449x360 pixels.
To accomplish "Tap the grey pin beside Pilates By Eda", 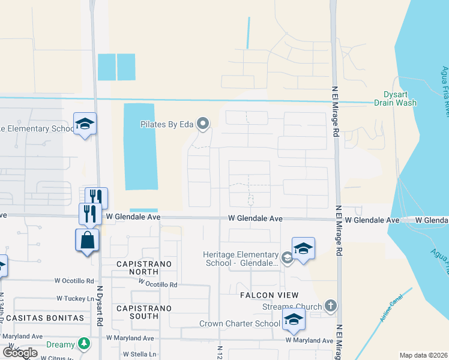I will (x=203, y=124).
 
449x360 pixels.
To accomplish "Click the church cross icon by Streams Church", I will (x=330, y=307).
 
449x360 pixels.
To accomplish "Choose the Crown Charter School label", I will (x=240, y=324).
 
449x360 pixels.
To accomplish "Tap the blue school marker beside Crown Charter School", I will (x=294, y=320).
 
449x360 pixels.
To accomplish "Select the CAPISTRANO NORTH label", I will (x=143, y=268).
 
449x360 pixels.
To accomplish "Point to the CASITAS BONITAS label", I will (x=42, y=317).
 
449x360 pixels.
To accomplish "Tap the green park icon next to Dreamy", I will (x=85, y=344).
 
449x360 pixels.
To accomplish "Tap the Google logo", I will (x=20, y=353).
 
